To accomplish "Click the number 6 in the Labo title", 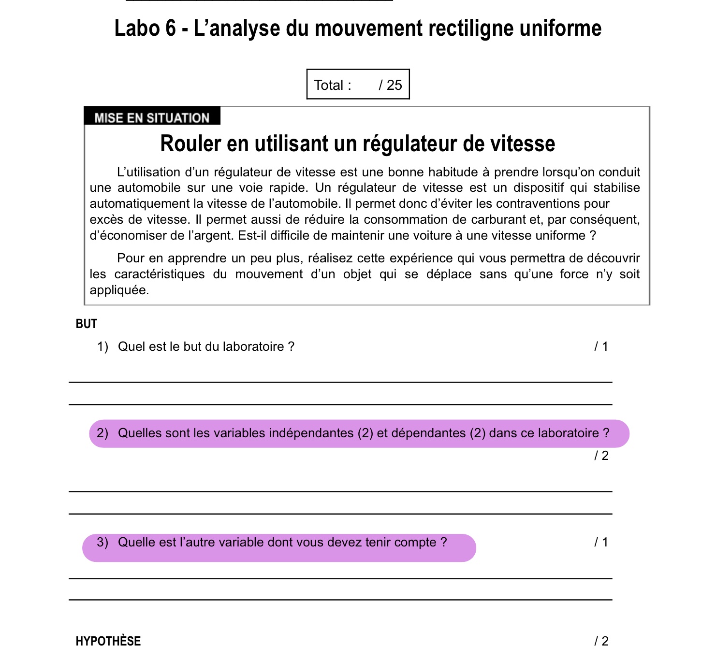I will point(171,29).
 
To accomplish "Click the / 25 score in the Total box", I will point(391,85).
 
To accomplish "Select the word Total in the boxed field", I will point(329,85).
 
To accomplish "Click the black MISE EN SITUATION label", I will point(152,117).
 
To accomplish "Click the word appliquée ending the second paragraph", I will point(119,290).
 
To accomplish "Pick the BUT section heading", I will point(87,324).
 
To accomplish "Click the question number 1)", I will point(102,346).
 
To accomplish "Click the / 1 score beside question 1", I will point(601,346).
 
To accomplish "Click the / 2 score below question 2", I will point(601,456).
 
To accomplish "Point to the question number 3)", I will point(102,542).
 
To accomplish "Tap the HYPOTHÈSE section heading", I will point(108,641).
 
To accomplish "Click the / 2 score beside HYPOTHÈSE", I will point(601,641).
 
